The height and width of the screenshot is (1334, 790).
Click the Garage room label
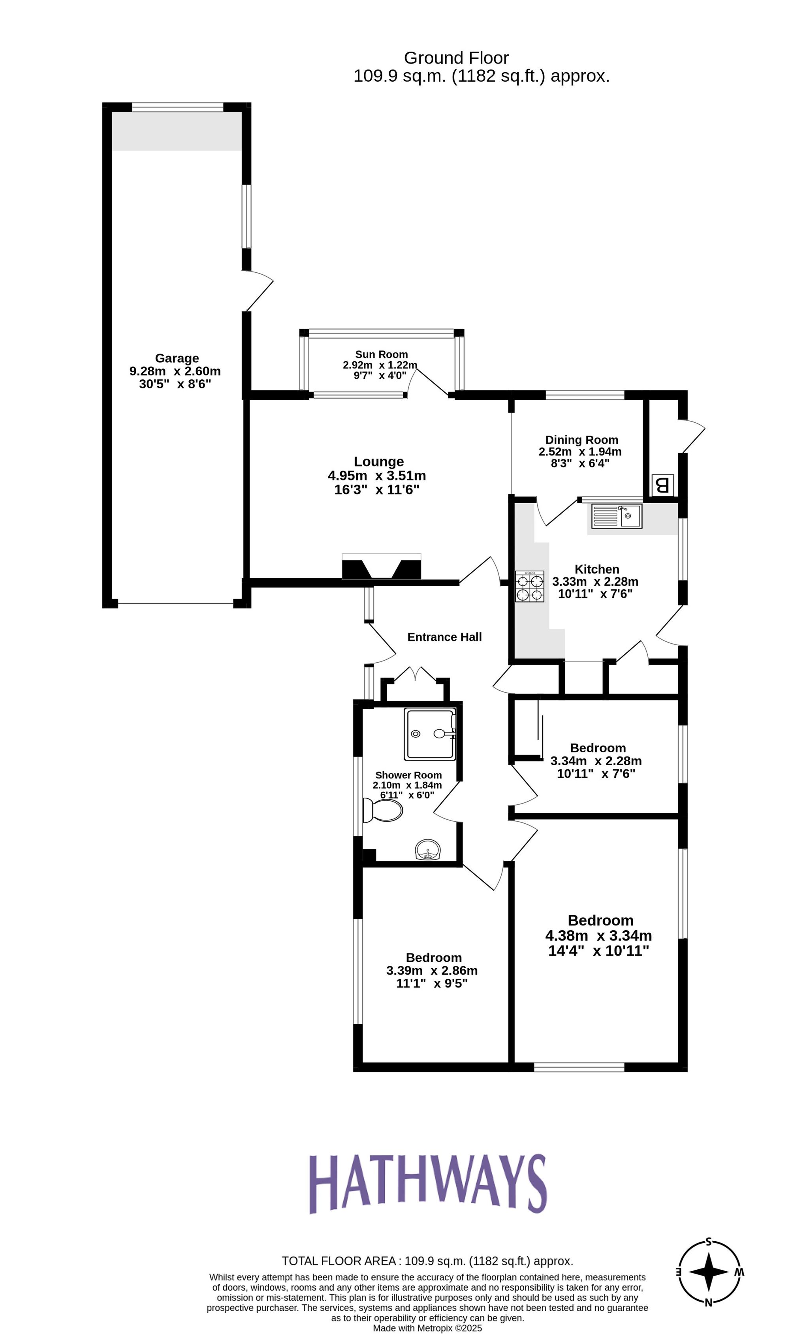click(177, 358)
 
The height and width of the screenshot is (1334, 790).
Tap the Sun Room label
click(381, 354)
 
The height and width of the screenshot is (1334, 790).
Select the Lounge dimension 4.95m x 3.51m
click(377, 476)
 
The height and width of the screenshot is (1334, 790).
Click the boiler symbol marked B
click(662, 485)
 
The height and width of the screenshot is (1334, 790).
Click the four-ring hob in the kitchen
click(529, 586)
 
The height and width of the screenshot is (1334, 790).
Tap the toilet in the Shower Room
click(382, 810)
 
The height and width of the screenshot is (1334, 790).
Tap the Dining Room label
click(581, 440)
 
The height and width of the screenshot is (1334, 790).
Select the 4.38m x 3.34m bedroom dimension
click(598, 936)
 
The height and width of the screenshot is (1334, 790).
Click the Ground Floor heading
click(456, 58)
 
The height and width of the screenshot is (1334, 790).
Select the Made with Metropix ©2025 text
click(427, 1328)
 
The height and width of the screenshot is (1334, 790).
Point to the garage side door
click(259, 292)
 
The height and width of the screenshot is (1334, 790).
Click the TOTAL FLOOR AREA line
click(427, 1261)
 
